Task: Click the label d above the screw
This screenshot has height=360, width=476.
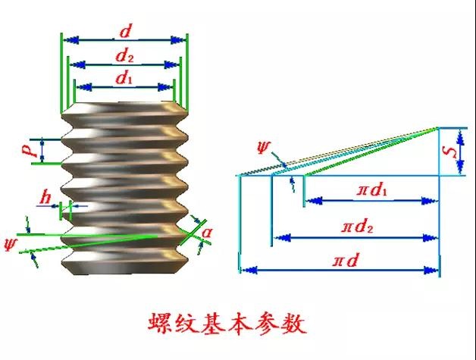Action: [124, 32]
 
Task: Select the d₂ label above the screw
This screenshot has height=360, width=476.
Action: [124, 55]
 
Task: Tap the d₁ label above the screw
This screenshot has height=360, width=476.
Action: [124, 77]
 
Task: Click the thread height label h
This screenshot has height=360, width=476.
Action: [48, 199]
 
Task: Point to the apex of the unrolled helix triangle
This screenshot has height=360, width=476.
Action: [438, 127]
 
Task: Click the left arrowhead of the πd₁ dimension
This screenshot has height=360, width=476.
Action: [311, 201]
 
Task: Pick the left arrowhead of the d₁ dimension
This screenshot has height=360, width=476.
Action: [78, 86]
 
